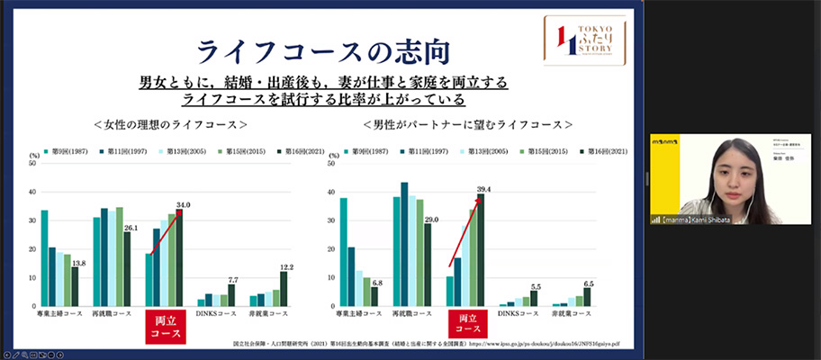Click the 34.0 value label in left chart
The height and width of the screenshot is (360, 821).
point(183,205)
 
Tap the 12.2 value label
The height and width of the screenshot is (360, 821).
point(287,266)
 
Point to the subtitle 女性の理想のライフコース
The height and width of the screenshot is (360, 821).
point(170,124)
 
